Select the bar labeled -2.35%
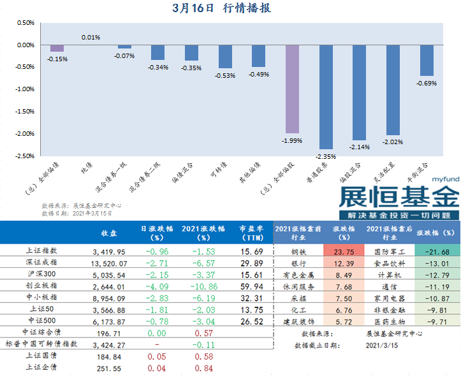click(326, 97)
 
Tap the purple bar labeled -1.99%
click(292, 89)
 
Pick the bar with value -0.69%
click(427, 61)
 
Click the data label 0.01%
click(91, 38)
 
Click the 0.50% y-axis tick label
click(24, 23)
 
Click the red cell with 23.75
click(342, 251)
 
